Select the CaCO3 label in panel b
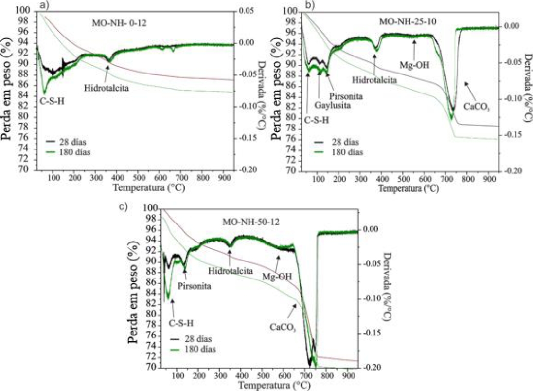tap(477, 104)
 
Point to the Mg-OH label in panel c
tap(277, 276)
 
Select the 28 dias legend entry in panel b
tap(344, 142)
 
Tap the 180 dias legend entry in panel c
tap(200, 349)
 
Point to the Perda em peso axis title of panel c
tap(136, 287)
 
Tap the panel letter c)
tap(123, 206)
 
